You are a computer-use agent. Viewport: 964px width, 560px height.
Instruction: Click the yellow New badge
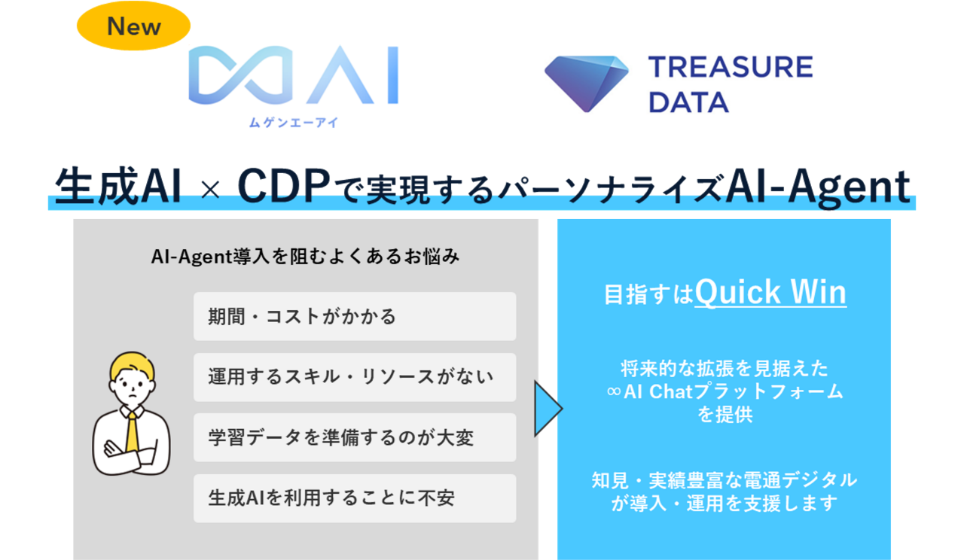[133, 26]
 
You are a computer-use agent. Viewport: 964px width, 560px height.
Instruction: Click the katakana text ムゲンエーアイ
[294, 123]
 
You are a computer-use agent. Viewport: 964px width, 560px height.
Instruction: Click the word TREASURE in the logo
[731, 67]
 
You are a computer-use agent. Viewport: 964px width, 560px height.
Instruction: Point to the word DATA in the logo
[688, 102]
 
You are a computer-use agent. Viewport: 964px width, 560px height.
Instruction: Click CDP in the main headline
[284, 186]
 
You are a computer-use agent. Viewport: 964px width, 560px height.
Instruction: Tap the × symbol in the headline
[210, 189]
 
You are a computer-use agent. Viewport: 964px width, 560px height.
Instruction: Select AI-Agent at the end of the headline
[818, 187]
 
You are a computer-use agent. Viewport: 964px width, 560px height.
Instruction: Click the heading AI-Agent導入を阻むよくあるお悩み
[305, 257]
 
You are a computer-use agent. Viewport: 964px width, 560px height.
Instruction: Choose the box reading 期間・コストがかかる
[355, 317]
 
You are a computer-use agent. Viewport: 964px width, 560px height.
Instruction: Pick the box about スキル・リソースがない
[355, 377]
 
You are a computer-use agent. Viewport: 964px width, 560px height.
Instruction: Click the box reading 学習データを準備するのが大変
[355, 437]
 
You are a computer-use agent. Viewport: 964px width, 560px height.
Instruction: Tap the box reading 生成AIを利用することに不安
[355, 498]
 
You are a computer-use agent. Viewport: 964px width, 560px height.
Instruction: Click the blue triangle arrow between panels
[548, 409]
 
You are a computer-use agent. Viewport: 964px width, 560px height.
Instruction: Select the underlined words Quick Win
[770, 293]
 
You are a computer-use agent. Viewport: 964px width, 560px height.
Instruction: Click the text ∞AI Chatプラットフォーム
[725, 391]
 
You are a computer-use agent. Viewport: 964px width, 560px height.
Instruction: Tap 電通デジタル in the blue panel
[804, 480]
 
